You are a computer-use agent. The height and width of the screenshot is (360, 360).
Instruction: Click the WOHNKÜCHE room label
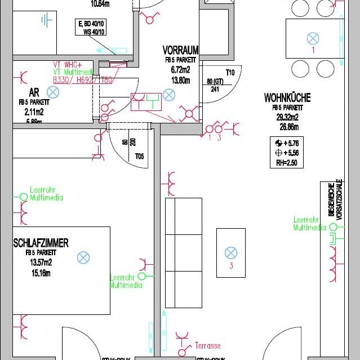287,97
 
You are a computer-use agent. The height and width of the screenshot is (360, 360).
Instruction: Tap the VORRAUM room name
180,50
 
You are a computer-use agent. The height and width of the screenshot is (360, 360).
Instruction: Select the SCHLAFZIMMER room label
41,243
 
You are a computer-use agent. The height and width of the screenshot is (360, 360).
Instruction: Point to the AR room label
34,93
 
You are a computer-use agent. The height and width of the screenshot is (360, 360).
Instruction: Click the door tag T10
230,73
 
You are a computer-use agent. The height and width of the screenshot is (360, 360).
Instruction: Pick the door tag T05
139,157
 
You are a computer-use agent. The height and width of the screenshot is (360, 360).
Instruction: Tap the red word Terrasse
207,345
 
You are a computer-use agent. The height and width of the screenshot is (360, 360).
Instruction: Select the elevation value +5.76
291,143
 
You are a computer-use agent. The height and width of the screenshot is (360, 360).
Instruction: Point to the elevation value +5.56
291,153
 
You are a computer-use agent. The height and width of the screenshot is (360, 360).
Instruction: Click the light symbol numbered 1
312,38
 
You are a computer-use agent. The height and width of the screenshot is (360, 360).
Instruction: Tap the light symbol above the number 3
230,253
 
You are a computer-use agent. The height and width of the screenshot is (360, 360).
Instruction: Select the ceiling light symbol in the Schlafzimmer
83,257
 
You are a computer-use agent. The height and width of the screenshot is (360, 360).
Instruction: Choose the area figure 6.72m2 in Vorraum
181,69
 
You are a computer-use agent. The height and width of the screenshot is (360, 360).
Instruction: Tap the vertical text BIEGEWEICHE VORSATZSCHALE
335,198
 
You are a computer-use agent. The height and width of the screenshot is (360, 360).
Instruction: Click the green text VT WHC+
66,65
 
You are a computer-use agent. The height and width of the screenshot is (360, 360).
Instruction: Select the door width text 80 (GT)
215,81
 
